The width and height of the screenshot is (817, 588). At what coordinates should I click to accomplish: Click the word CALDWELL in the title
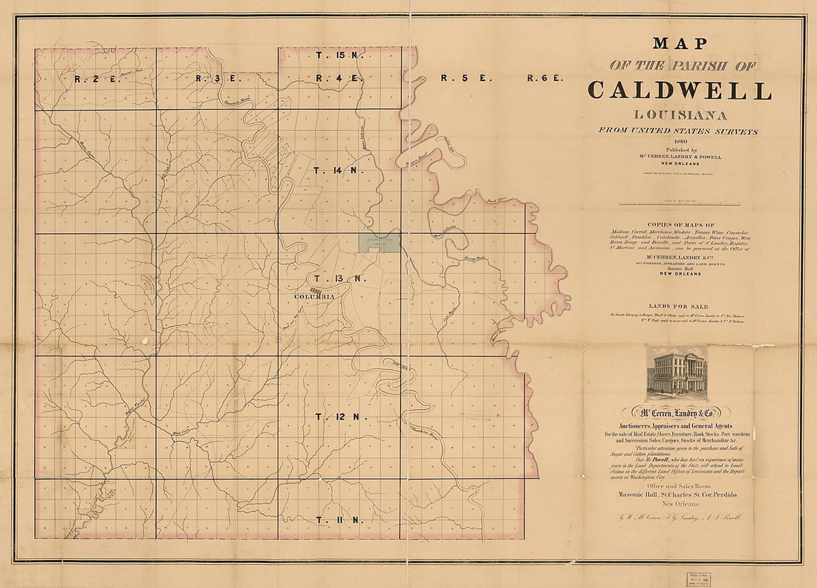[680, 91]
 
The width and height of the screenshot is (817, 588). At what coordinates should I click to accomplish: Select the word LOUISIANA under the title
[680, 115]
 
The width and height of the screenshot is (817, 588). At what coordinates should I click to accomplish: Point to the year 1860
[680, 141]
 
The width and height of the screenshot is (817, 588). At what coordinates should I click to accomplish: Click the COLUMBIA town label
[315, 297]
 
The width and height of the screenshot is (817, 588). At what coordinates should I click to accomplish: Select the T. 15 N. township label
[339, 55]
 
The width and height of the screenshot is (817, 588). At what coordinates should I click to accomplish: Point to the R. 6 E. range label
[546, 78]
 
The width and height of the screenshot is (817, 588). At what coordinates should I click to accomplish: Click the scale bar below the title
[680, 203]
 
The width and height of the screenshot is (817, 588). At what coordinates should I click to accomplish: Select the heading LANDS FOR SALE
[680, 307]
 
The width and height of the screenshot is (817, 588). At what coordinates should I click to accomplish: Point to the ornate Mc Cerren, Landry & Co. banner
[680, 412]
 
